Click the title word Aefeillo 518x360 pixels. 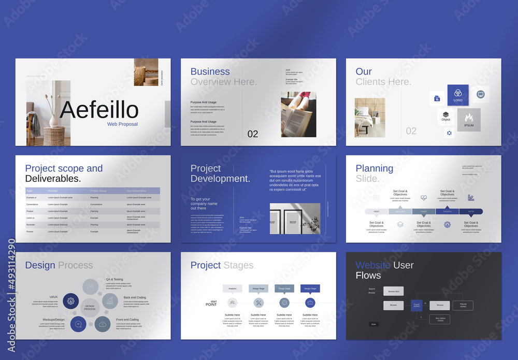99,110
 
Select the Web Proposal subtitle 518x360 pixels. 122,124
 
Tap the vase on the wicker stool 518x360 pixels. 54,120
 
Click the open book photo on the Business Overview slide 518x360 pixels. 298,114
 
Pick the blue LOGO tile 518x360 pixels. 458,95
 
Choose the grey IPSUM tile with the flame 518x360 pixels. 469,120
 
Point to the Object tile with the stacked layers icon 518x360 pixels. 445,117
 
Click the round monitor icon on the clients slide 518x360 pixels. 480,94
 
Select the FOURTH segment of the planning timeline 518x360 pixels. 447,211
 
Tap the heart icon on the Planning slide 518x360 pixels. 424,198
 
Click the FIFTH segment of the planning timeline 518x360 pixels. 471,211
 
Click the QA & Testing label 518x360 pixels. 114,279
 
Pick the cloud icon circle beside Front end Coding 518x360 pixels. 103,324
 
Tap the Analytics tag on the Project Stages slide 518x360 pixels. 232,289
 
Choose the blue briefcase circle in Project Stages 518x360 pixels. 310,303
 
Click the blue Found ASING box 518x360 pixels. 416,306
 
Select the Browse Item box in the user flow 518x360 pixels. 394,292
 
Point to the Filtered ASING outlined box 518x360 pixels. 463,306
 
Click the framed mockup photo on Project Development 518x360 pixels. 295,218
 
